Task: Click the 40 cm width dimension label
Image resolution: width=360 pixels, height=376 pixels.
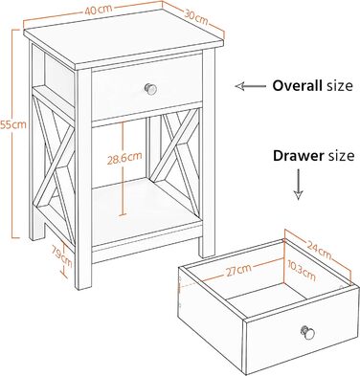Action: point(99,10)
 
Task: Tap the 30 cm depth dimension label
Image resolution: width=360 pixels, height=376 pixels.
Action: point(196,18)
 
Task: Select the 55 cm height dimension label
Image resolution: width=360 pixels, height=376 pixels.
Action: point(13,124)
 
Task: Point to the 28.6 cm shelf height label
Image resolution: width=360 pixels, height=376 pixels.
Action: point(124,158)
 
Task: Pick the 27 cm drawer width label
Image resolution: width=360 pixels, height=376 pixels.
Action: point(238,271)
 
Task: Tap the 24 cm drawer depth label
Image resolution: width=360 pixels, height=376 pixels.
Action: point(319,250)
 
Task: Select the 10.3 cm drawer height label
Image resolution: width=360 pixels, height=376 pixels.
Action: point(301,271)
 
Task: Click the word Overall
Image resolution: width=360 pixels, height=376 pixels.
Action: point(297,86)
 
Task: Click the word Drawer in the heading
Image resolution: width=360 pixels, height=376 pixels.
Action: point(298,156)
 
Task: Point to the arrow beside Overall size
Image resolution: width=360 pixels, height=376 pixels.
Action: point(251,86)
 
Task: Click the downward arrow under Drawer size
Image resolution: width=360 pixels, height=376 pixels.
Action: point(298,185)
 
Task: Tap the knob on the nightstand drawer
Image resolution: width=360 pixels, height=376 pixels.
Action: point(150,89)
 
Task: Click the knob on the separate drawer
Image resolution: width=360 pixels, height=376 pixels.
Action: point(307,333)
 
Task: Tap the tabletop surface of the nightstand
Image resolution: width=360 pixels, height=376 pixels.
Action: point(124,38)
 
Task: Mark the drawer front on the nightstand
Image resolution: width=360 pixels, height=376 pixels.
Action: point(147,87)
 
